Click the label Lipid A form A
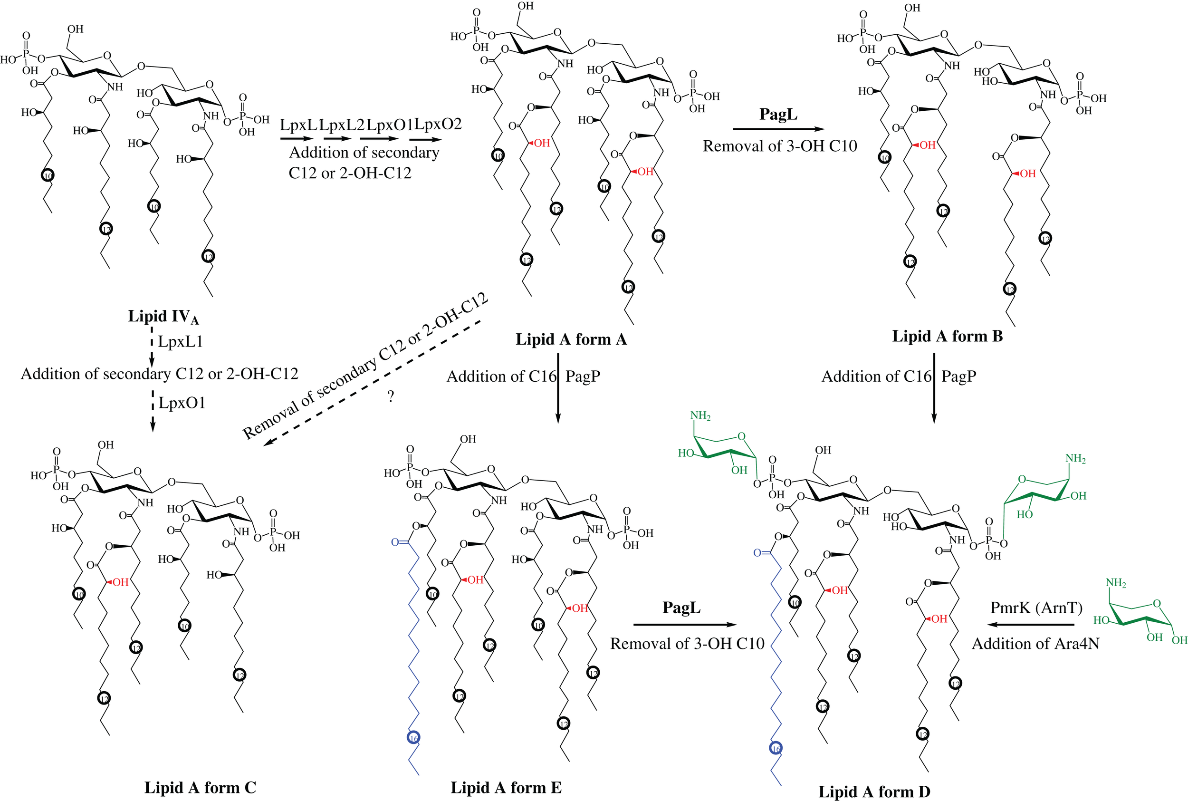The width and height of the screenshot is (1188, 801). click(571, 339)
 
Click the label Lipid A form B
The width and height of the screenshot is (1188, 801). click(947, 336)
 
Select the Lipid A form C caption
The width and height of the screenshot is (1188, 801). click(200, 787)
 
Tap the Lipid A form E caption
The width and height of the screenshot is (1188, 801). click(506, 787)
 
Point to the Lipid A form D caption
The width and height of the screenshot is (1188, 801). click(874, 791)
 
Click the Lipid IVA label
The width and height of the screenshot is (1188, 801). click(163, 317)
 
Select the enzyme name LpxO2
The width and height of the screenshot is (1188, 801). click(438, 124)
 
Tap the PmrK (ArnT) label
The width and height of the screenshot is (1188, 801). click(1036, 608)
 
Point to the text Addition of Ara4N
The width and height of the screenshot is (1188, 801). click(1035, 643)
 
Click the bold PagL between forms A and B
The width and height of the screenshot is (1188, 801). click(778, 114)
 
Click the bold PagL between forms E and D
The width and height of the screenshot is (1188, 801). click(681, 608)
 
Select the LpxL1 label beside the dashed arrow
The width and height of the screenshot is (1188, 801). click(180, 341)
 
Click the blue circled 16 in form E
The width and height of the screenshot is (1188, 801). click(413, 738)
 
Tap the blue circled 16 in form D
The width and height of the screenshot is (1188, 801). click(776, 748)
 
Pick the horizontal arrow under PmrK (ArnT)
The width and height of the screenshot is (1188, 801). click(1031, 624)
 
